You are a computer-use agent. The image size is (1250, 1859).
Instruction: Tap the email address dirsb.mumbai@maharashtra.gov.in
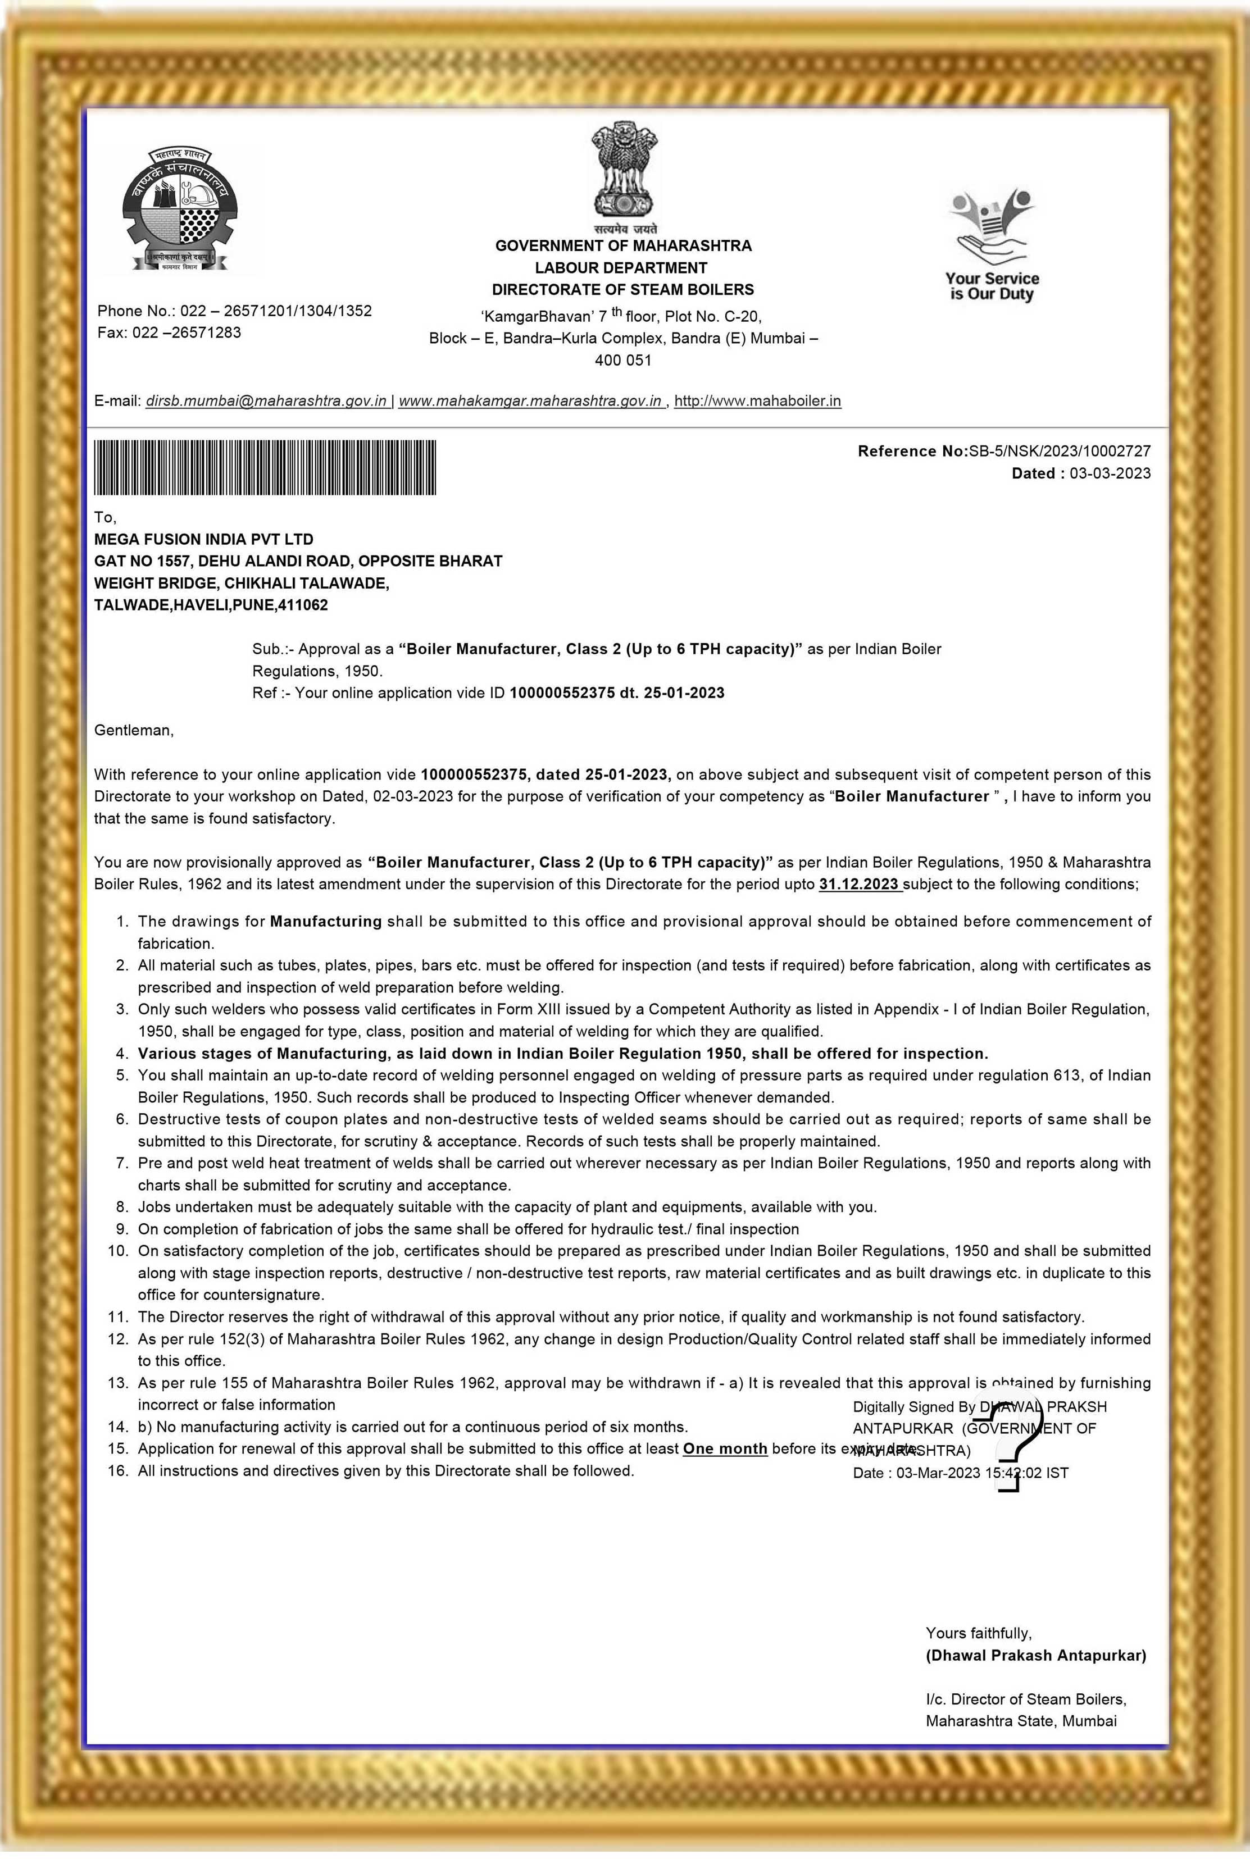(266, 401)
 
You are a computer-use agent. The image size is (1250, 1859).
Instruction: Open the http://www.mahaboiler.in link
(757, 401)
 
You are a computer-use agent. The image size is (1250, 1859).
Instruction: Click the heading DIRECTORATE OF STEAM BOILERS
(622, 289)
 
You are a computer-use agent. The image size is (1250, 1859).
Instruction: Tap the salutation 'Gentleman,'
(134, 730)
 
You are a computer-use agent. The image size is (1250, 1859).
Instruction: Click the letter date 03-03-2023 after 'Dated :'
(1110, 473)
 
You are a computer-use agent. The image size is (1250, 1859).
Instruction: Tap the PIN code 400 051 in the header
(622, 360)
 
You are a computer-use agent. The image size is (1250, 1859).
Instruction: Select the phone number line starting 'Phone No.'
(234, 311)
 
